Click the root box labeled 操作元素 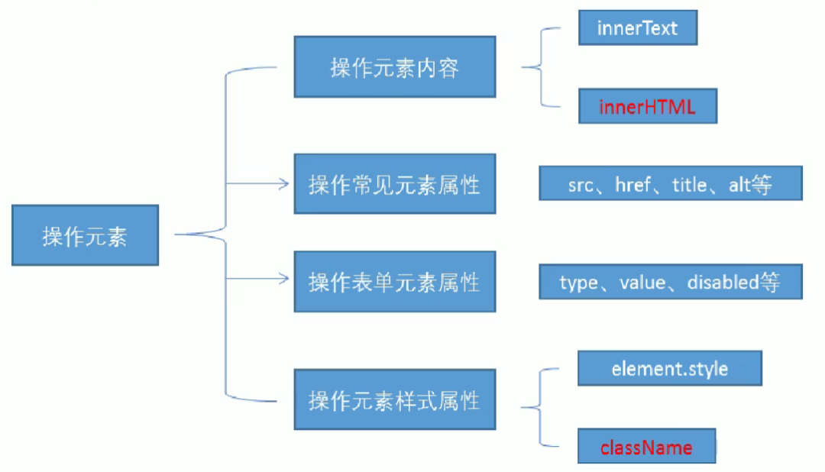[x=85, y=235]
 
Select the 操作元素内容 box [x=394, y=68]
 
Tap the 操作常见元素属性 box [x=394, y=184]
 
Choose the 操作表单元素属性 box [x=394, y=282]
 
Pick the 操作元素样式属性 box [x=394, y=399]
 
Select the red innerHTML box [x=647, y=107]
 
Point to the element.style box [x=670, y=369]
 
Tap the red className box [x=646, y=447]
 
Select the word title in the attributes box [x=689, y=185]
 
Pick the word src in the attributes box [x=581, y=185]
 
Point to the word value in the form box [x=642, y=283]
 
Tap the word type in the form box [x=577, y=283]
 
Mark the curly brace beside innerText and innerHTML [x=541, y=67]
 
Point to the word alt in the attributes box [x=740, y=185]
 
